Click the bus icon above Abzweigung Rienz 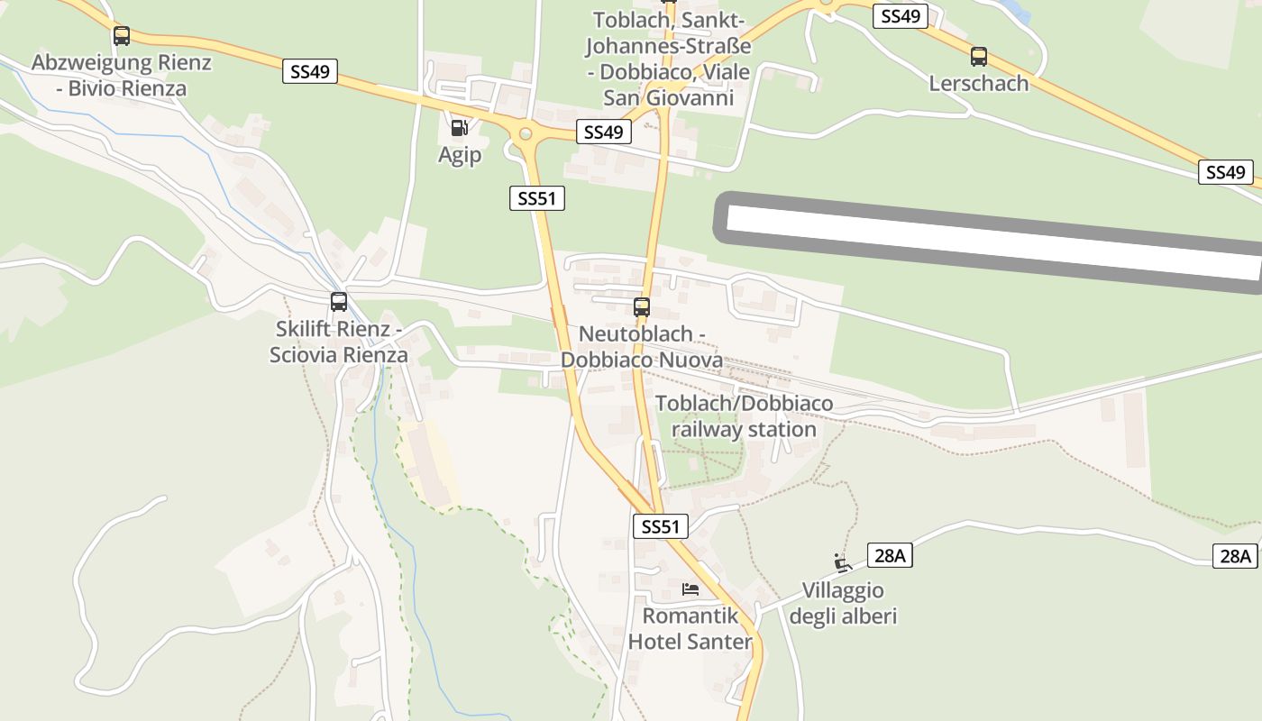pyautogui.click(x=121, y=36)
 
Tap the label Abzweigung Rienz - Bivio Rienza pyautogui.click(x=121, y=76)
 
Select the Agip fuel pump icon pyautogui.click(x=459, y=128)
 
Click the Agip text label pyautogui.click(x=460, y=155)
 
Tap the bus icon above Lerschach pyautogui.click(x=979, y=57)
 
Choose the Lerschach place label pyautogui.click(x=979, y=84)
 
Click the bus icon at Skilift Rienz pyautogui.click(x=339, y=302)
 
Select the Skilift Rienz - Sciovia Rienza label pyautogui.click(x=339, y=342)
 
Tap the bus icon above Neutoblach pyautogui.click(x=642, y=307)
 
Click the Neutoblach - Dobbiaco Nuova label pyautogui.click(x=642, y=347)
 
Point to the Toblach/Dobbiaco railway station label pyautogui.click(x=745, y=416)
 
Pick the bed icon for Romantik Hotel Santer pyautogui.click(x=690, y=589)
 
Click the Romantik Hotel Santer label pyautogui.click(x=690, y=629)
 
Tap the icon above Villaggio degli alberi pyautogui.click(x=843, y=563)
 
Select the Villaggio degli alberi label pyautogui.click(x=843, y=604)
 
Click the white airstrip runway pyautogui.click(x=992, y=242)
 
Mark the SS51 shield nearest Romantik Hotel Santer pyautogui.click(x=661, y=526)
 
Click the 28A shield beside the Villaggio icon pyautogui.click(x=890, y=556)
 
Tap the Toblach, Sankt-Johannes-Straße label pyautogui.click(x=668, y=59)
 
